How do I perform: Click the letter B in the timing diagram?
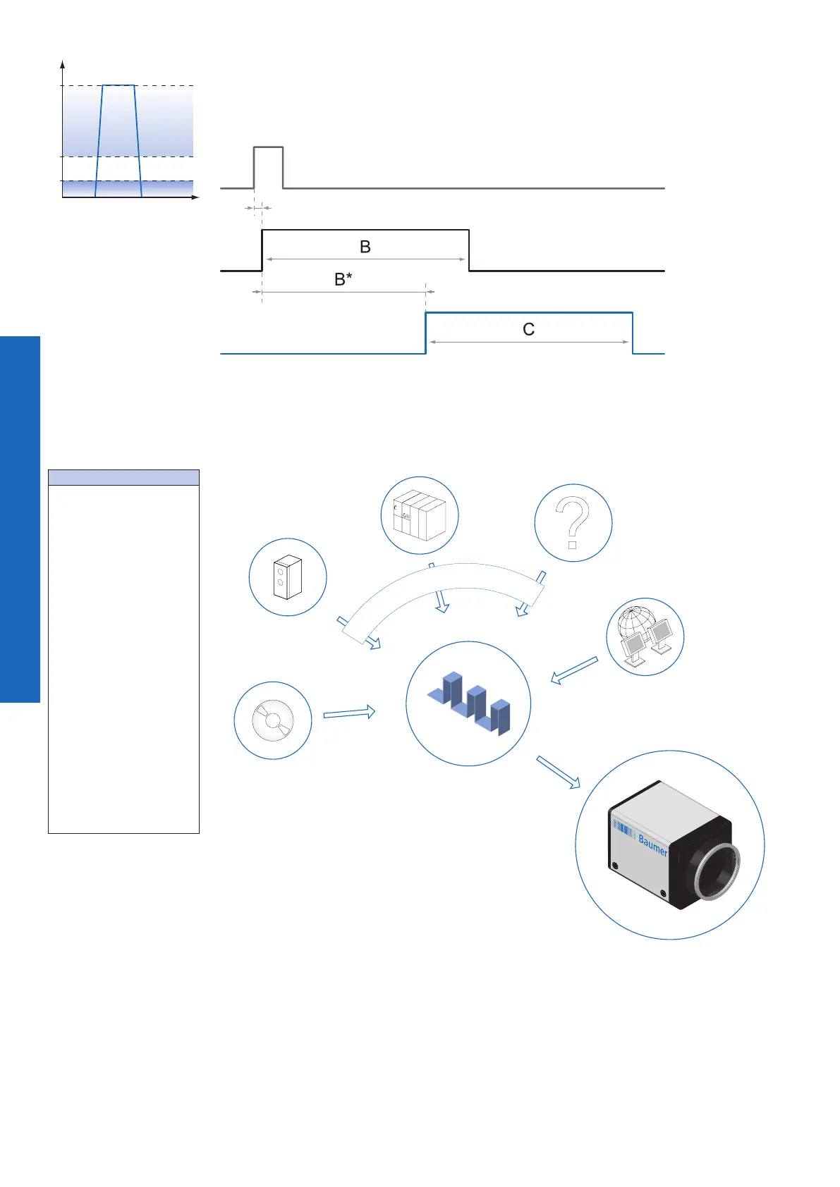(365, 247)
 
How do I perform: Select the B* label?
(343, 279)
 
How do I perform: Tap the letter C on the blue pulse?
(528, 329)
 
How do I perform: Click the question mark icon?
(573, 522)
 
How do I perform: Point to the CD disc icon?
(273, 720)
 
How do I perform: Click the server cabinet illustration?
(419, 516)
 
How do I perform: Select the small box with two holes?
(287, 577)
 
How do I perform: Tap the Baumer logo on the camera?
(652, 844)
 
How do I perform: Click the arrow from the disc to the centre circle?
(348, 713)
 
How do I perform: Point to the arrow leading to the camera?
(558, 772)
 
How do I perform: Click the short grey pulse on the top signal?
(269, 148)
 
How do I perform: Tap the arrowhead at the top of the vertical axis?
(63, 64)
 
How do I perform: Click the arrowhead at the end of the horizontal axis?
(196, 197)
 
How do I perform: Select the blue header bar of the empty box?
(123, 477)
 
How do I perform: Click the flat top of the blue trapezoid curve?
(118, 85)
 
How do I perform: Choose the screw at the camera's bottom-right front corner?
(663, 894)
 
